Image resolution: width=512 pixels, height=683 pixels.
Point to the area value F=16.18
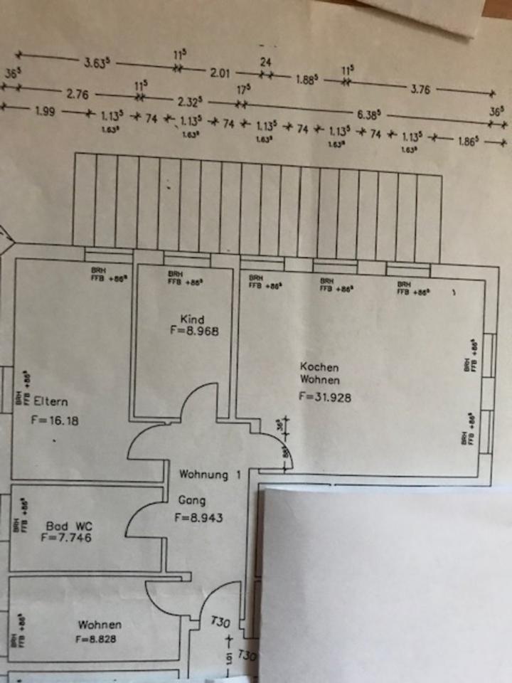click(x=55, y=420)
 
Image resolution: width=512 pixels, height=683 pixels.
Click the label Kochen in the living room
click(x=319, y=367)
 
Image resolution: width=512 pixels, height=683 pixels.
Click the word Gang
click(x=192, y=501)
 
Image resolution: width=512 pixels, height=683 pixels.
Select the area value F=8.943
click(x=198, y=518)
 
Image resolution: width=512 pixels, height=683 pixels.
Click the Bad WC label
click(x=69, y=526)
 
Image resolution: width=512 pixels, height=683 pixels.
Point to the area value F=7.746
click(x=66, y=539)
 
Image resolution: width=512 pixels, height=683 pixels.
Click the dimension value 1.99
click(x=46, y=112)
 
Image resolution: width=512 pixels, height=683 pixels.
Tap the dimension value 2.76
click(x=78, y=93)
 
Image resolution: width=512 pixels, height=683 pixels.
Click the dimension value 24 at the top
click(x=265, y=62)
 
